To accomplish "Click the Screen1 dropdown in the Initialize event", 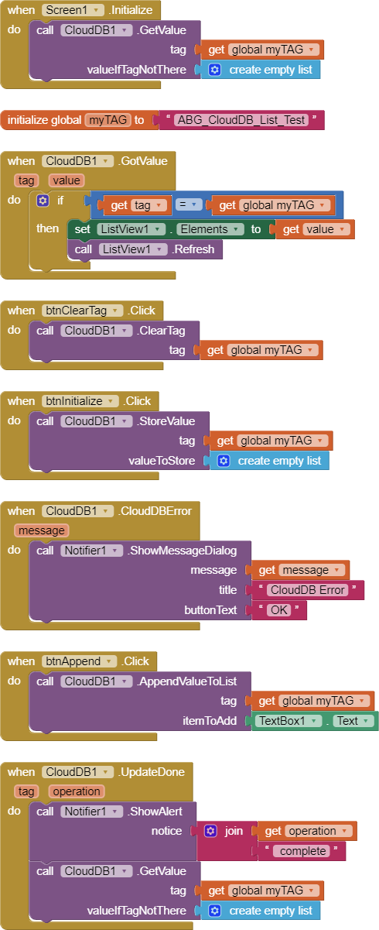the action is click(73, 10).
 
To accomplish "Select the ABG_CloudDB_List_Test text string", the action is click(241, 120).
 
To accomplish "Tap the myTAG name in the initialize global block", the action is click(108, 120).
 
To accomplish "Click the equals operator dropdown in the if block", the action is click(188, 204).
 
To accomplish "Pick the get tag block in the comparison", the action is click(135, 205).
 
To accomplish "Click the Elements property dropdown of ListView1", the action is click(210, 229).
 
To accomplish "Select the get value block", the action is click(315, 229).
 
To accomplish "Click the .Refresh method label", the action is click(193, 249).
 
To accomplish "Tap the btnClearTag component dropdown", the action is click(82, 311).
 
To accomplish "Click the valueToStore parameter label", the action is click(162, 461).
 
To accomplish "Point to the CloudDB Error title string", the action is click(307, 590).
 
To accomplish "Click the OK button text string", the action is click(278, 610).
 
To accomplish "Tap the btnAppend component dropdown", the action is click(79, 661).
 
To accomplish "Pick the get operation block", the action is click(307, 831).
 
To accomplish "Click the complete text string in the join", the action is click(302, 851).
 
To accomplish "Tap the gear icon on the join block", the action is click(210, 831).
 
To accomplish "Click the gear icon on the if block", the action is click(43, 201).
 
